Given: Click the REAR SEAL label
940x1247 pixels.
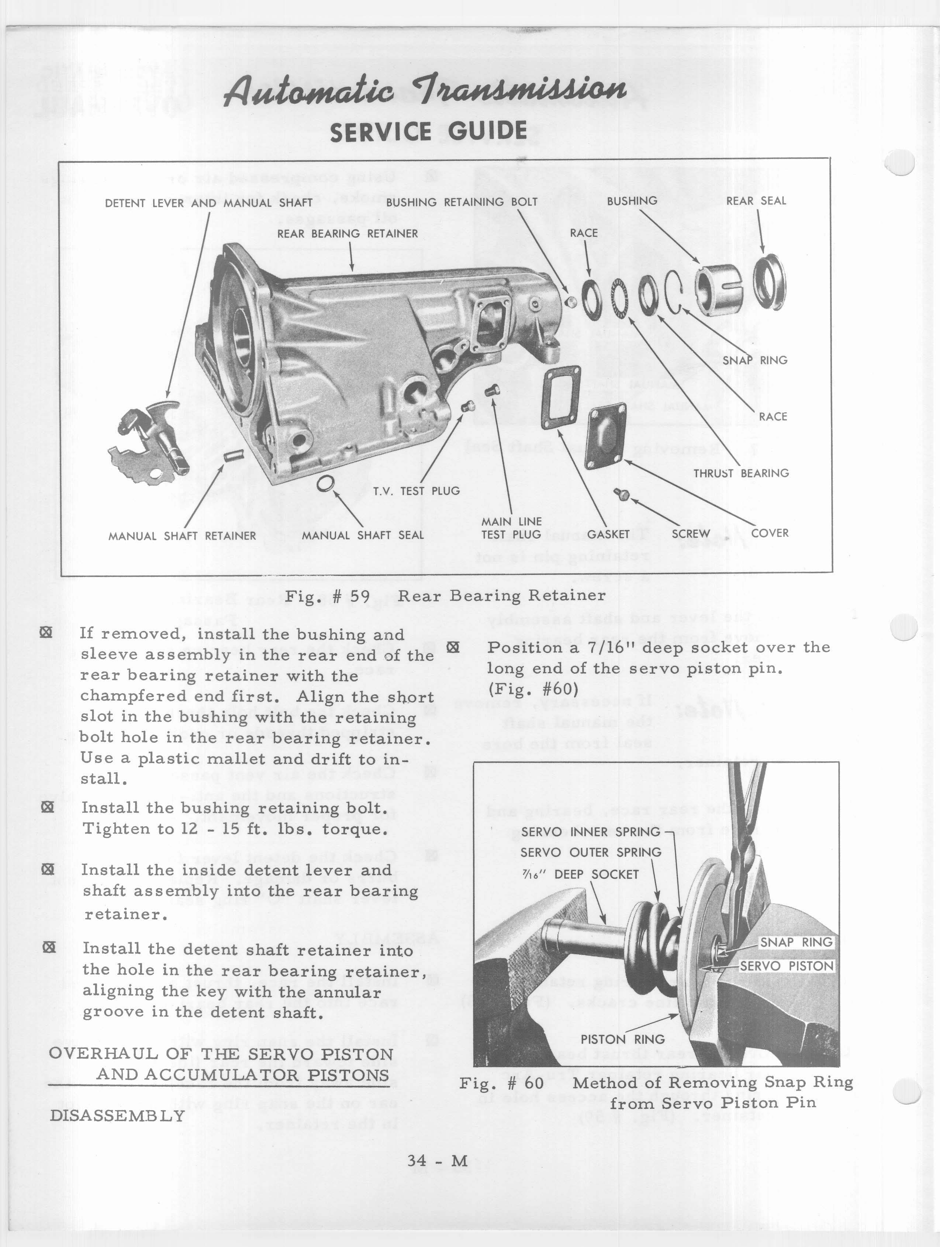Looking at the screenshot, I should [756, 201].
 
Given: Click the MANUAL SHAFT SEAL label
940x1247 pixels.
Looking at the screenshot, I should [362, 535].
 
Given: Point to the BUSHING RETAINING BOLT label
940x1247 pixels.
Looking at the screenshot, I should [461, 202].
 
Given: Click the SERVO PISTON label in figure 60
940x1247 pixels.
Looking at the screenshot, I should [786, 966].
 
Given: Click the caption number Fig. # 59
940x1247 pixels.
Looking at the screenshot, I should [327, 596].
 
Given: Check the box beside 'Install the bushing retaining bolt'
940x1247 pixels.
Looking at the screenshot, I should [48, 807].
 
